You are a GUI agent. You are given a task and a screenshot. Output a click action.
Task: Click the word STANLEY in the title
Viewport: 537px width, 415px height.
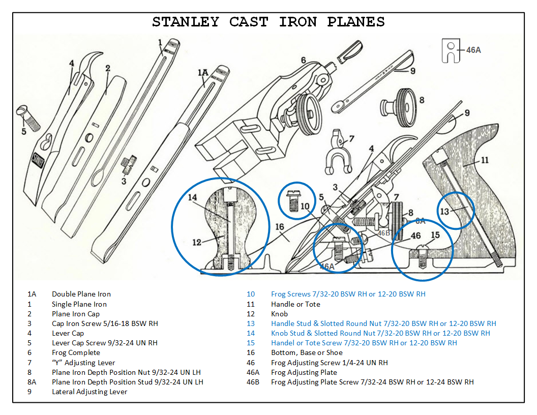pos(186,22)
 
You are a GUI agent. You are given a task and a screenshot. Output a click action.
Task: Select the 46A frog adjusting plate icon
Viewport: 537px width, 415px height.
pos(450,50)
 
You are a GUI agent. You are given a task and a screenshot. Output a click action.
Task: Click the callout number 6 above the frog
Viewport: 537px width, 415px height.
pos(303,60)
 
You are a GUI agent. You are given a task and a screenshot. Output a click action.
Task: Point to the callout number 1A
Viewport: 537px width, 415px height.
pos(203,73)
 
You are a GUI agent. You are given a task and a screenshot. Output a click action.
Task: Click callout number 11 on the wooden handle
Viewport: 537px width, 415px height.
pos(485,160)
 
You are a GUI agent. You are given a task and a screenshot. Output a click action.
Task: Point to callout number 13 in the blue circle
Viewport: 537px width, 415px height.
pos(445,212)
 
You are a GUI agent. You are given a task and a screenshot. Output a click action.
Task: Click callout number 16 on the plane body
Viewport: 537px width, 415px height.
pos(279,227)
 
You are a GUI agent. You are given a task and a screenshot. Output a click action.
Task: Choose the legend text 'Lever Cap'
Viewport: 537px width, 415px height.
pos(68,333)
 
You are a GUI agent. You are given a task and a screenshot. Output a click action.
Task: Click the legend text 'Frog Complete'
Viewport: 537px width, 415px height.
pos(76,352)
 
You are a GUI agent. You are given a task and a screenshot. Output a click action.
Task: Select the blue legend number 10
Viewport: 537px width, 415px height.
pos(251,294)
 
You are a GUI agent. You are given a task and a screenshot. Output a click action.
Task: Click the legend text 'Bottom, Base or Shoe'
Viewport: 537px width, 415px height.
pos(307,352)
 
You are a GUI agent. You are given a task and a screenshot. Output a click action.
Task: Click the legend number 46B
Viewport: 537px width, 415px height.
pos(253,382)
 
